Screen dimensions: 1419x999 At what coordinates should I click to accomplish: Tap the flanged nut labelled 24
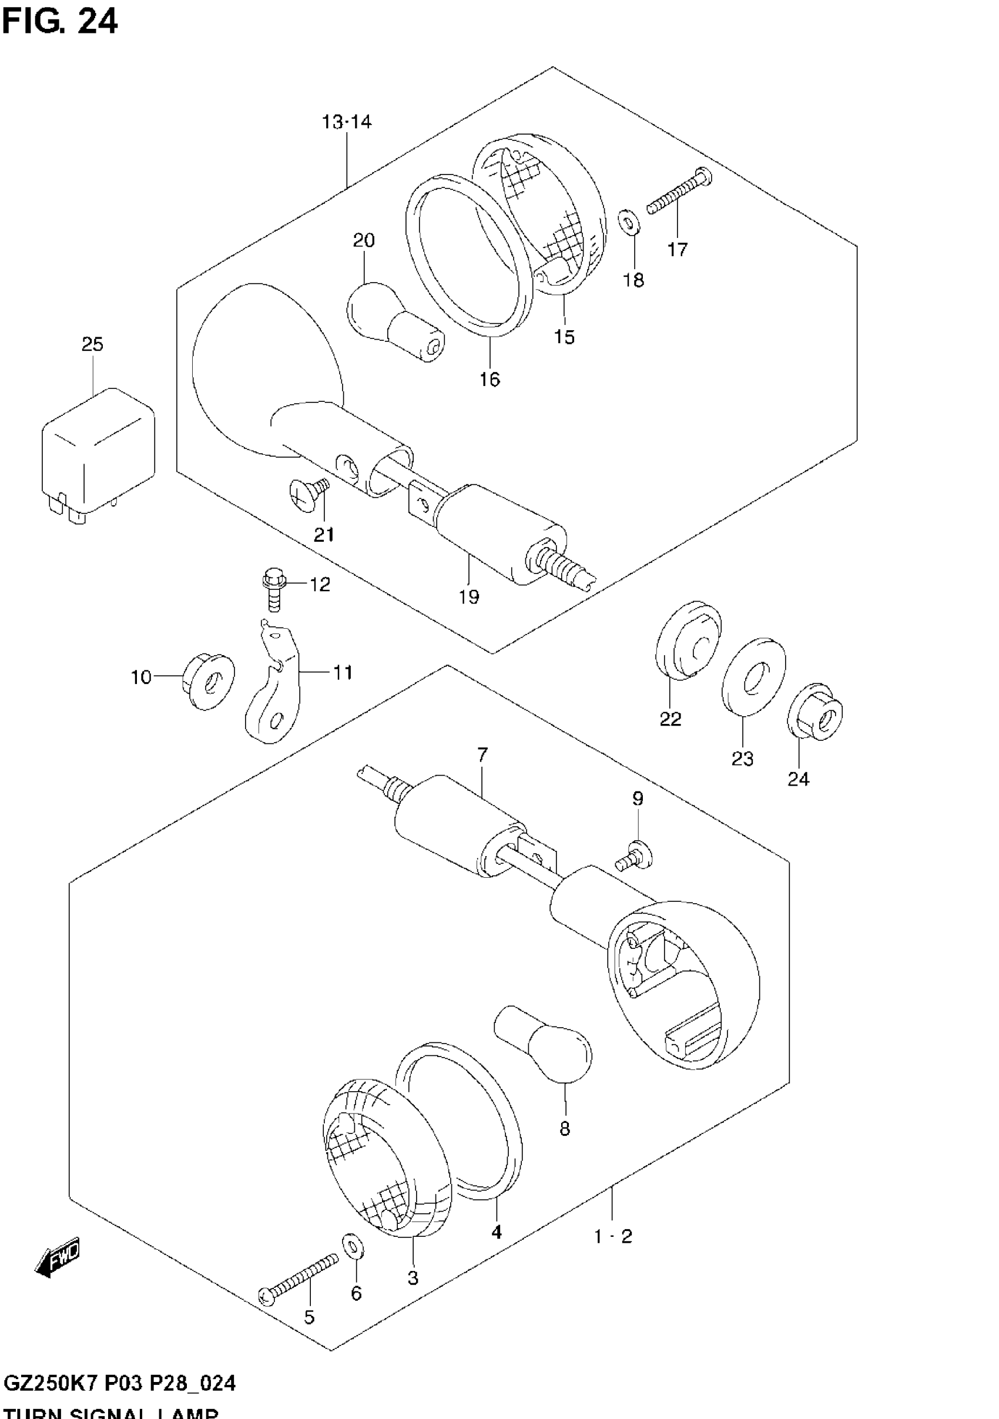tap(816, 712)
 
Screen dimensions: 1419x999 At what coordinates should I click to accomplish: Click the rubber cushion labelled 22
tap(688, 640)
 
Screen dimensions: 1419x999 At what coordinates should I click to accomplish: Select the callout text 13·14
tap(346, 122)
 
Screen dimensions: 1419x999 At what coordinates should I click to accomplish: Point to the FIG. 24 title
tap(59, 22)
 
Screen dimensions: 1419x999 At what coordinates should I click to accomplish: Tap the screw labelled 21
tap(310, 494)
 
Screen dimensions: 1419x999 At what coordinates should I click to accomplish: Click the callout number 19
tap(468, 596)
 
